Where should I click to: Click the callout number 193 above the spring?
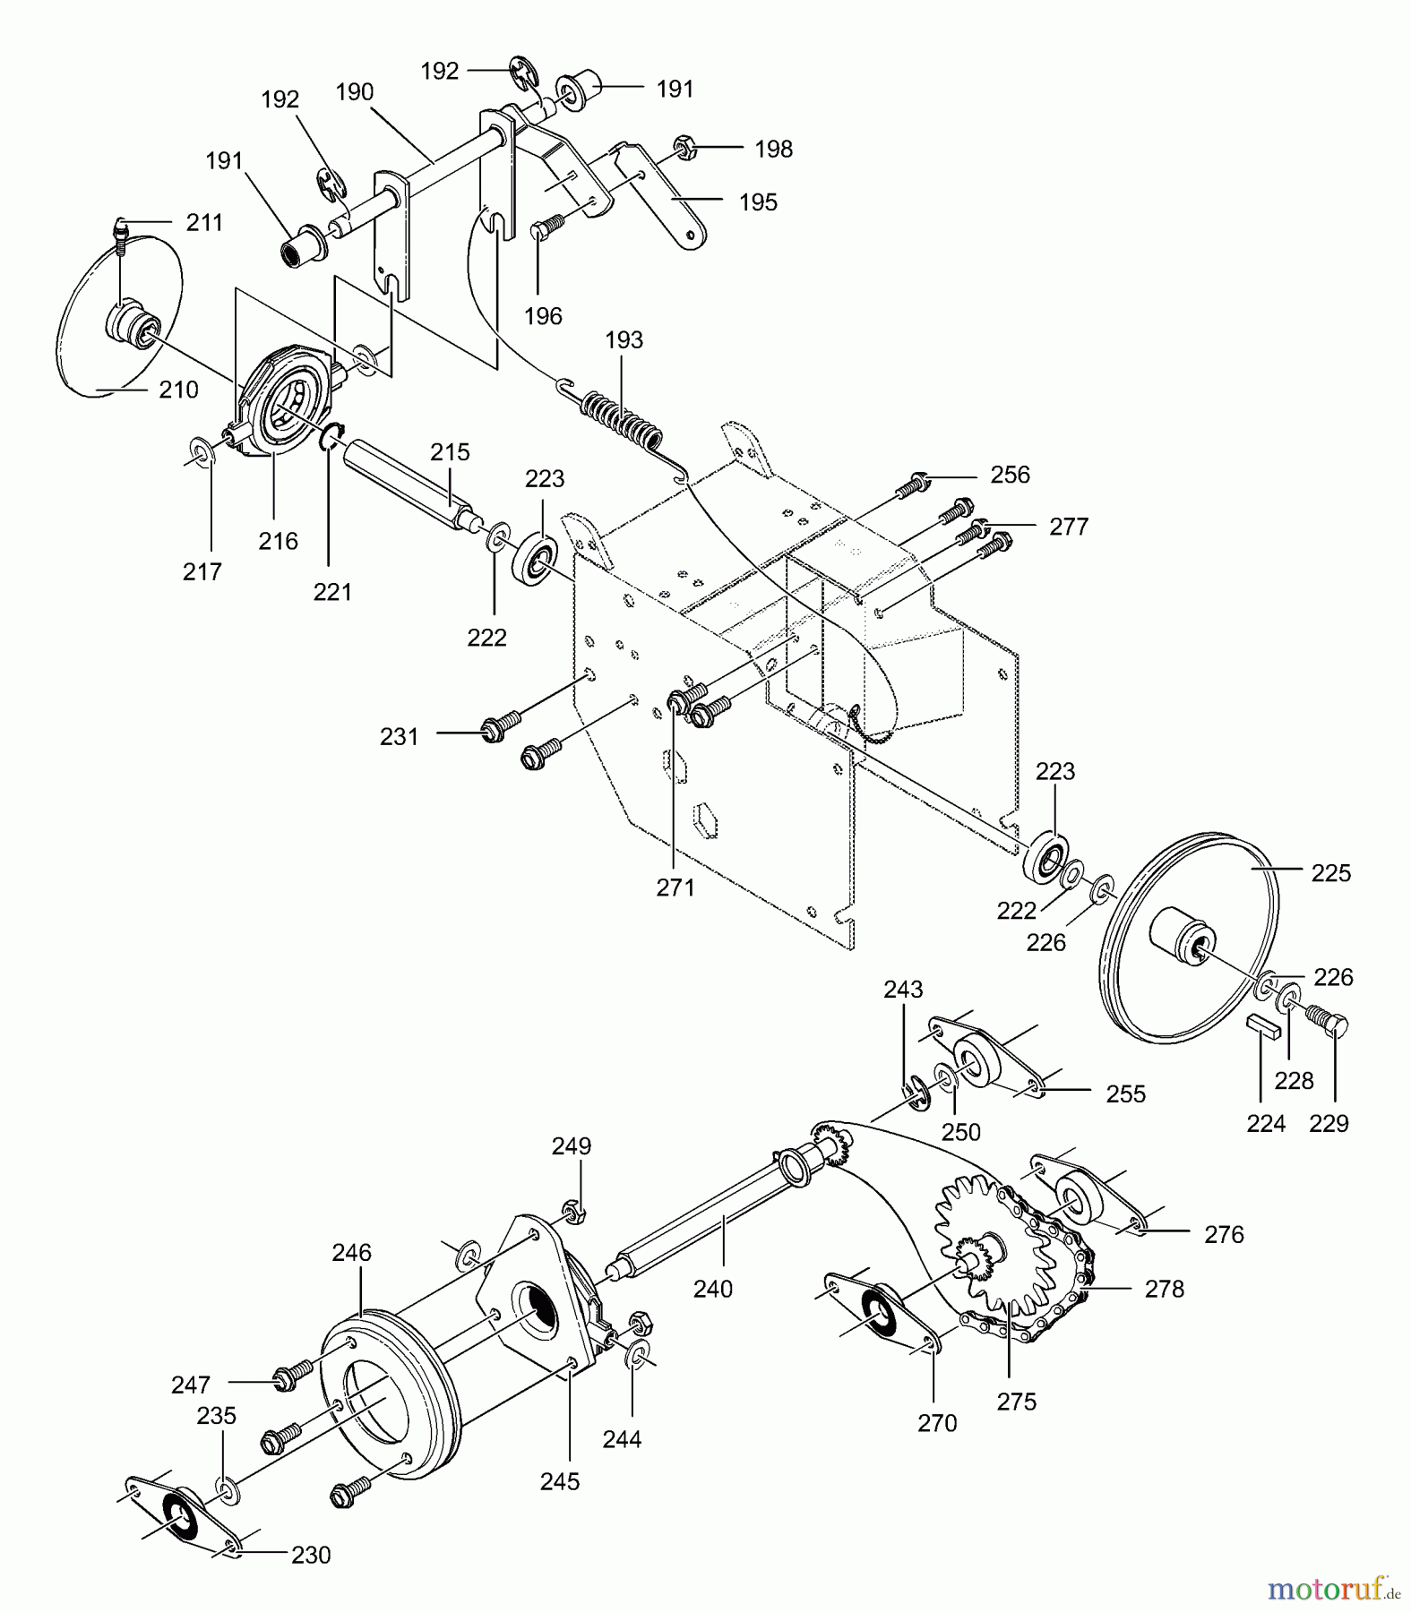coord(624,340)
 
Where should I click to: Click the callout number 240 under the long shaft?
coord(712,1289)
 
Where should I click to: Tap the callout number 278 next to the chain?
coord(1164,1289)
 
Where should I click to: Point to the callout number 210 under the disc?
coord(178,390)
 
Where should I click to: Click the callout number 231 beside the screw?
coord(399,736)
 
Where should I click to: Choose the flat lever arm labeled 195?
coord(667,201)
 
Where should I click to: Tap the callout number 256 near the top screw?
coord(1010,475)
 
